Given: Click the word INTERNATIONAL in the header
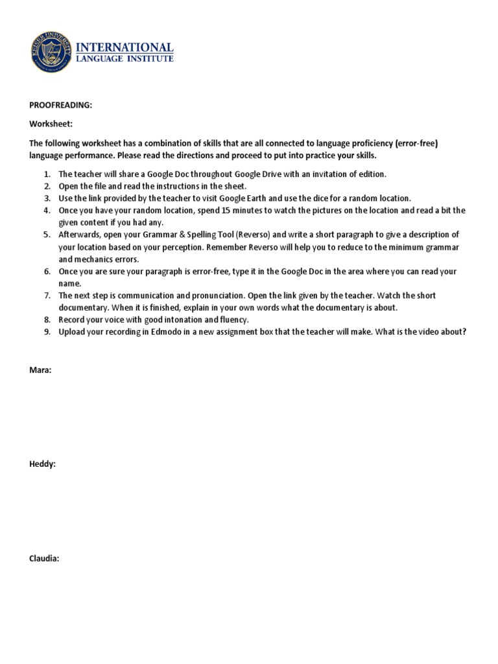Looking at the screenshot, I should [x=125, y=47].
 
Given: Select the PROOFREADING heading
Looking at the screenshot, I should [x=60, y=105].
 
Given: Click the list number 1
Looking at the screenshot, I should [x=47, y=174].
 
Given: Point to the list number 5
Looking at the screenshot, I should [x=47, y=235].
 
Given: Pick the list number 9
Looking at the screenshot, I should [x=47, y=332].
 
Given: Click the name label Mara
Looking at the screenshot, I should [x=41, y=370].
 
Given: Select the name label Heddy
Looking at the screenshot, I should [x=42, y=464].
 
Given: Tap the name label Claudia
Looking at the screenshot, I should [x=44, y=558].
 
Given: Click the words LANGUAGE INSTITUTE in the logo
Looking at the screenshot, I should [x=125, y=59].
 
